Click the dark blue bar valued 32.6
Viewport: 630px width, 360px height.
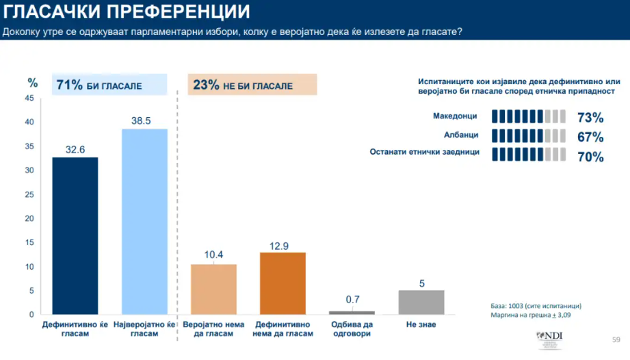[x=75, y=235]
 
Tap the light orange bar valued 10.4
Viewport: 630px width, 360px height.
[x=213, y=289]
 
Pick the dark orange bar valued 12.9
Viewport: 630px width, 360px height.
[x=283, y=283]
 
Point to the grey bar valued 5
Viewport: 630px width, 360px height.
[x=421, y=302]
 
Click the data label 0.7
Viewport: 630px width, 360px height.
[x=352, y=299]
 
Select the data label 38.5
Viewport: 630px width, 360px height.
[x=144, y=120]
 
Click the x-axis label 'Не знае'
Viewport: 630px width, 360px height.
[x=421, y=324]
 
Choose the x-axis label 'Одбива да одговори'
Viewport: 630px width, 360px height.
[x=352, y=329]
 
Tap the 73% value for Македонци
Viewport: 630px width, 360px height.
[x=590, y=117]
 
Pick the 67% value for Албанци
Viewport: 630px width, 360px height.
[x=590, y=137]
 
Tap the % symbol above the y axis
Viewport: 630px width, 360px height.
[x=32, y=83]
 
